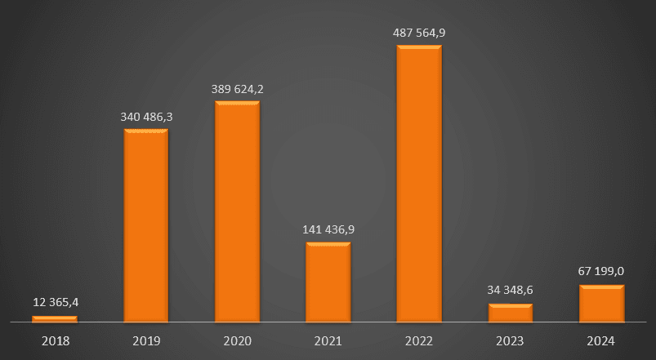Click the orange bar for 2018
[x=55, y=319]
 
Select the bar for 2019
[x=146, y=225]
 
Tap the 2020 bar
[x=237, y=212]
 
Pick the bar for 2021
[x=328, y=282]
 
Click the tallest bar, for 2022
[x=419, y=184]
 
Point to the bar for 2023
[x=511, y=313]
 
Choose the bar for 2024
[x=601, y=304]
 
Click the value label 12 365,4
[x=56, y=303]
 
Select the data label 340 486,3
[x=146, y=117]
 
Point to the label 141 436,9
[x=328, y=230]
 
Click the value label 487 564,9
[x=419, y=33]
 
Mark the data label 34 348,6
[x=511, y=291]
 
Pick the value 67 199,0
[x=602, y=273]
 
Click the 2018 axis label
[x=55, y=340]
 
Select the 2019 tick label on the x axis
[x=146, y=340]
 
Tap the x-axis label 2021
[x=328, y=340]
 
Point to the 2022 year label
[x=419, y=340]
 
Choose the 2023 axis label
[x=511, y=340]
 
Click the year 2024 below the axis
[x=601, y=340]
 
